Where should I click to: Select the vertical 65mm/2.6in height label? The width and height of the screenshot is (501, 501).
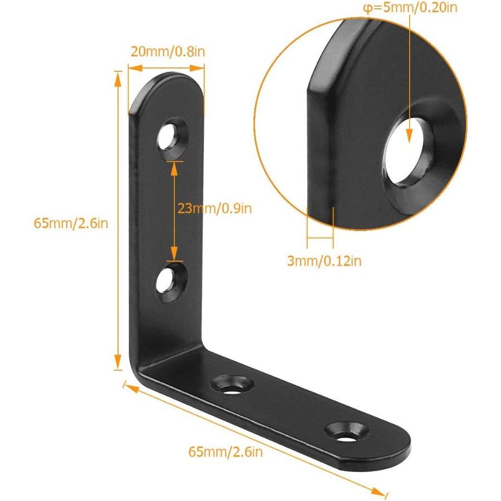click(x=71, y=223)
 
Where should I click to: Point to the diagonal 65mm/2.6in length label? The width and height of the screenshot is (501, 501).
click(x=224, y=451)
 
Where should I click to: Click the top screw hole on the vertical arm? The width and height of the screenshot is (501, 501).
click(x=170, y=136)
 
